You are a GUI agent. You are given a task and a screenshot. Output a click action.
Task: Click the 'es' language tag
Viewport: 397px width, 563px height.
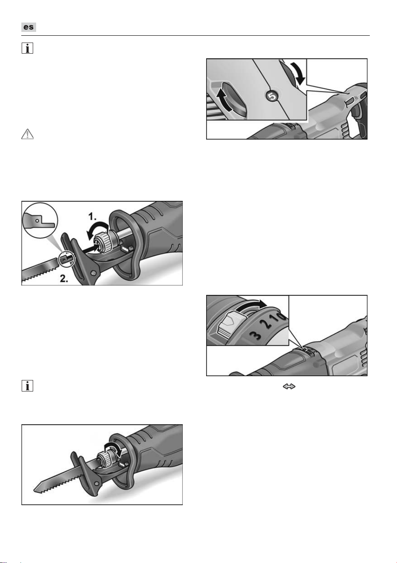pos(28,27)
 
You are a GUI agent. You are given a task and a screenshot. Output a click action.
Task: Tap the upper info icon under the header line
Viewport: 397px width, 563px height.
pos(27,48)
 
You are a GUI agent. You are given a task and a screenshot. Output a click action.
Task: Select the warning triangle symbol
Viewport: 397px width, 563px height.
pos(27,134)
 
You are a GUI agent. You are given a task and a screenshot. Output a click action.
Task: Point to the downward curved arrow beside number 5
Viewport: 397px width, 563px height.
pos(299,73)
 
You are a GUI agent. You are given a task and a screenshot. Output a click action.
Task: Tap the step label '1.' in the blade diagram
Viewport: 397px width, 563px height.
pos(92,217)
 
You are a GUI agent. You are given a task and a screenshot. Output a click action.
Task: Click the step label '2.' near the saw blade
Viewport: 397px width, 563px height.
pos(64,278)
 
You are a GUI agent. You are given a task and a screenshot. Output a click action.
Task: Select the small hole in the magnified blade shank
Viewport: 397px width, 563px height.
pos(37,221)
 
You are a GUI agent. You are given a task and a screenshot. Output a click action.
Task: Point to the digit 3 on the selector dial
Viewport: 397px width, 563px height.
pos(255,335)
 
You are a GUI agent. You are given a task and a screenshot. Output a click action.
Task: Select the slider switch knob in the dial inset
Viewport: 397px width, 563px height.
pos(228,324)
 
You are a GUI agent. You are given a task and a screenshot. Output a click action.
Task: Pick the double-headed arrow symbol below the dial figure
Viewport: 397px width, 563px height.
pos(289,386)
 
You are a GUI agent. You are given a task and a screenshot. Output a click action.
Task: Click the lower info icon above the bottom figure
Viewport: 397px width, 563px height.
pos(27,386)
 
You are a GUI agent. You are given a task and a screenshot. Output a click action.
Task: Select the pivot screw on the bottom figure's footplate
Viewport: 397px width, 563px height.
pos(96,483)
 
